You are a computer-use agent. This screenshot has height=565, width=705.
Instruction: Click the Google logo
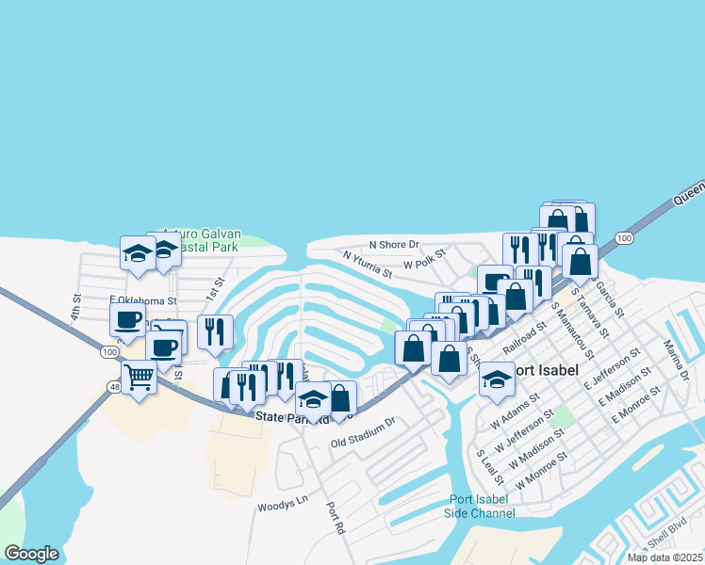tap(31, 554)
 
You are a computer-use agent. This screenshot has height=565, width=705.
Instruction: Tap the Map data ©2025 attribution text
tap(664, 557)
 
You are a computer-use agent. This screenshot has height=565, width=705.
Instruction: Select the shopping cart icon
tap(139, 378)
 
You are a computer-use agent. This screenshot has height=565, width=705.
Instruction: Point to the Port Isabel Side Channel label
tap(481, 506)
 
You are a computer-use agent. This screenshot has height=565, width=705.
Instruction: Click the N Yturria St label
tap(368, 264)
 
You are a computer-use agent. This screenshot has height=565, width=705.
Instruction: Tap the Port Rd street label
tap(334, 517)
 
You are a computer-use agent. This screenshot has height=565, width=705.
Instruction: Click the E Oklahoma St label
tap(143, 300)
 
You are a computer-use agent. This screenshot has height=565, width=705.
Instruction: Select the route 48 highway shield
tap(113, 387)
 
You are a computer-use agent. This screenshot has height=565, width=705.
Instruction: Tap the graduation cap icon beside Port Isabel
tap(497, 379)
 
